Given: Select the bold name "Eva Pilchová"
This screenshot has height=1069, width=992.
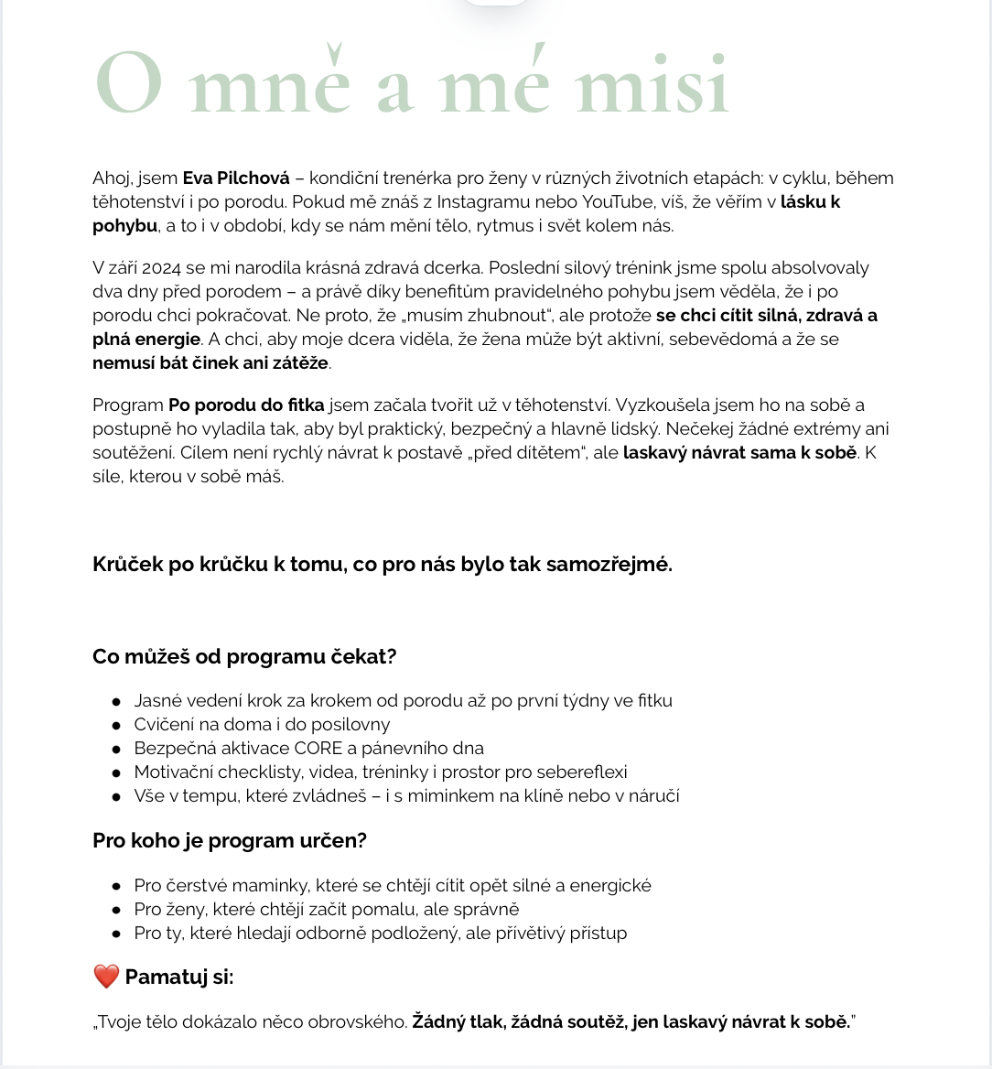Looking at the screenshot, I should (236, 178).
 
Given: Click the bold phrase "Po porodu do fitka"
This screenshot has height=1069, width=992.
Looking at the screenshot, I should (246, 405).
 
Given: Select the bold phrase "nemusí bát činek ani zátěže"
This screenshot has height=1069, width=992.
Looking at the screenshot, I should (210, 362).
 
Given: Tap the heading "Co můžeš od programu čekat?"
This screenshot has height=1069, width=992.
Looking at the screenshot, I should (244, 656).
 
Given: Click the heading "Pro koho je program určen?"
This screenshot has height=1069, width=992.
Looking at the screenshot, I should (230, 840).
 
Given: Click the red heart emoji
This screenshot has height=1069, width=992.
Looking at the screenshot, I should (106, 977).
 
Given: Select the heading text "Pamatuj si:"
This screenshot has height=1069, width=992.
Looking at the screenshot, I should (179, 977).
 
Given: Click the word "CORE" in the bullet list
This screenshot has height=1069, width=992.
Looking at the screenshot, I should (318, 748).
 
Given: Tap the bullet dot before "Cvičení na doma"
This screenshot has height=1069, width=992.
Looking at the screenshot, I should (116, 725).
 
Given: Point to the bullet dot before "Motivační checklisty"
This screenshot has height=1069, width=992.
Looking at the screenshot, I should (116, 772).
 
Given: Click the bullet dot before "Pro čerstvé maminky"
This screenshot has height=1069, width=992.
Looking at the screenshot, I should (116, 886).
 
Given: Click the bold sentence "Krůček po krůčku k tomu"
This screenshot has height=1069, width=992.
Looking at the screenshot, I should (383, 564).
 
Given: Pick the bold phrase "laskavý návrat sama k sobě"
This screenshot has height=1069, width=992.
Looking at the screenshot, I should (739, 452).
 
